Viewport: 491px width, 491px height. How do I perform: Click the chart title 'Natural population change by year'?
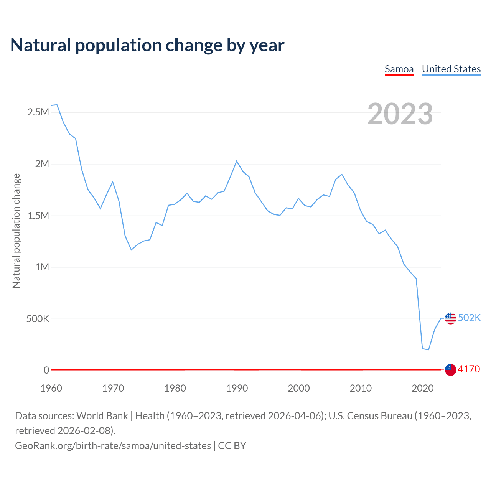(x=147, y=45)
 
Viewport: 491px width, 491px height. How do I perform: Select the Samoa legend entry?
(x=399, y=69)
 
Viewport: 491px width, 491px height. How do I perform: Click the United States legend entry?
(x=451, y=69)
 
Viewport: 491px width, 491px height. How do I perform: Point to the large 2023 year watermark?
(x=400, y=114)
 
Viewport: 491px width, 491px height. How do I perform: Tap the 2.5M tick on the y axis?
(x=38, y=112)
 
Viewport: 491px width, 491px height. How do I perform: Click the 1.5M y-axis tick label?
(x=38, y=216)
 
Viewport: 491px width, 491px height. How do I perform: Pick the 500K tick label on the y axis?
(x=38, y=319)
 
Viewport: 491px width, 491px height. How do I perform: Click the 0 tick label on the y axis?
(x=46, y=370)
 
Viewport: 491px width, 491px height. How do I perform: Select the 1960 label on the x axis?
(x=51, y=388)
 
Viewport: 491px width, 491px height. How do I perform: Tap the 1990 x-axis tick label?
(x=237, y=388)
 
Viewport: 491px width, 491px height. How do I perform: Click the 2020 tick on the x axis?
(x=422, y=388)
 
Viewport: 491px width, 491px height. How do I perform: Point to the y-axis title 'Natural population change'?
(x=16, y=231)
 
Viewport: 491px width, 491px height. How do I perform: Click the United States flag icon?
(x=450, y=318)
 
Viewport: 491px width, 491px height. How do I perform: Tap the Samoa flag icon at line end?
(x=450, y=370)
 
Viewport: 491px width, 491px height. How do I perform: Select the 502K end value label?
(x=470, y=318)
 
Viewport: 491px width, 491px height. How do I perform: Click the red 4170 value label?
(x=469, y=369)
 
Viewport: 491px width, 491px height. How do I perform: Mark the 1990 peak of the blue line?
(x=237, y=161)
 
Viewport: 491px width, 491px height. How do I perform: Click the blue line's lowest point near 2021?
(x=428, y=349)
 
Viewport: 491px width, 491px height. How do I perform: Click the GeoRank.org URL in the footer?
(x=113, y=446)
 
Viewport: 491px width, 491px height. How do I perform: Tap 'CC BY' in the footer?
(x=232, y=446)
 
